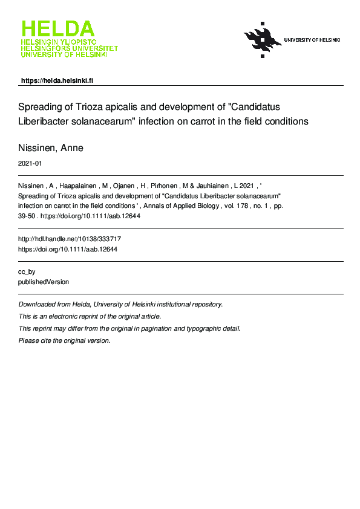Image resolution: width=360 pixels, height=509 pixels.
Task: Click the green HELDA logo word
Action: pos(58,29)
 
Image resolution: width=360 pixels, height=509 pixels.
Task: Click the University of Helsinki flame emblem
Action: pos(262,39)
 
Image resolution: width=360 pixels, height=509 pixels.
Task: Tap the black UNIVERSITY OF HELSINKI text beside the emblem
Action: pos(312,40)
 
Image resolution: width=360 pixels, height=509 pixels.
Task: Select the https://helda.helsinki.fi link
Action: pos(57,80)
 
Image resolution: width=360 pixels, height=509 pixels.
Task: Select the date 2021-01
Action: pos(30,163)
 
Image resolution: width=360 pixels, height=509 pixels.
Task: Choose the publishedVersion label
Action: pos(44,282)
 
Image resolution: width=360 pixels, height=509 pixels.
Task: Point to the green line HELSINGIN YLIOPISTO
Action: pos(58,42)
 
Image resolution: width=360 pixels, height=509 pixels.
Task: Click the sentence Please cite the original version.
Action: pos(65,340)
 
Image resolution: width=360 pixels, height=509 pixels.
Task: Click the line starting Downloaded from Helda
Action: pos(120,304)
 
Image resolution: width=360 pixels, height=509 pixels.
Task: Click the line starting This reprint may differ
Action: pos(129,328)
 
